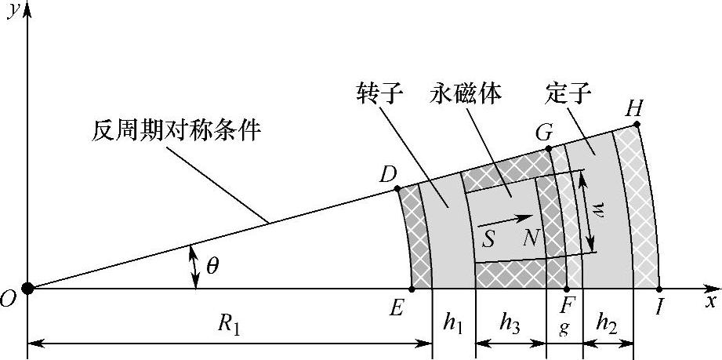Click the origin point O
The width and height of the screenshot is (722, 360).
27,288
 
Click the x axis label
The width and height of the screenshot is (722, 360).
710,300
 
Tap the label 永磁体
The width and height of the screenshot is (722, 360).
466,95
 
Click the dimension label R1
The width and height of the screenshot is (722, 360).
227,327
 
